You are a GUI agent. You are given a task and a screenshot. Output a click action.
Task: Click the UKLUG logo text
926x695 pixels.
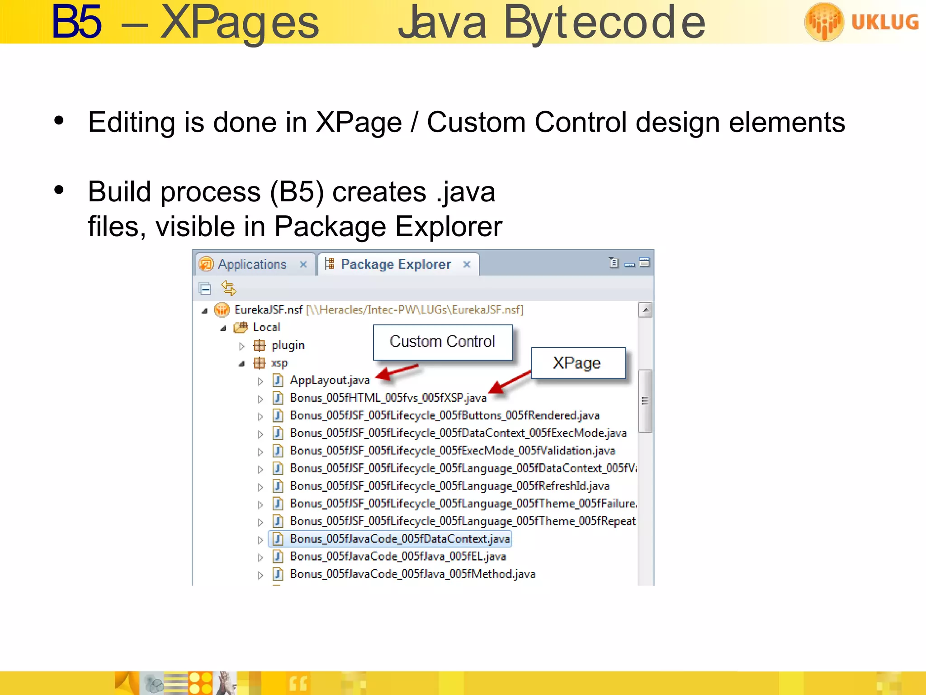coord(884,22)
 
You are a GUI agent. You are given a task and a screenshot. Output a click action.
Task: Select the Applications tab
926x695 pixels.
coord(252,264)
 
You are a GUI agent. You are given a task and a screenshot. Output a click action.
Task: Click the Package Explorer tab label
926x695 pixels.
coord(396,264)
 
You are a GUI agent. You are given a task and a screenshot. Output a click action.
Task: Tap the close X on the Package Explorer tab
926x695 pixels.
coord(467,264)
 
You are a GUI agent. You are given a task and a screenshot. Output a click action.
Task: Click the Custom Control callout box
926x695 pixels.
coord(443,342)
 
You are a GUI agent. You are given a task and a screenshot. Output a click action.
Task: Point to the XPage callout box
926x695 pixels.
coord(577,363)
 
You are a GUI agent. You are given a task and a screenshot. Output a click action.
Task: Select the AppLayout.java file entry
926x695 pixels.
coord(330,381)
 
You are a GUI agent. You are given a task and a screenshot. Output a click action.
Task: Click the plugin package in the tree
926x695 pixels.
coord(288,346)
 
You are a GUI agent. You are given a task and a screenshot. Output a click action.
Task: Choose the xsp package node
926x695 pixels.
coord(279,363)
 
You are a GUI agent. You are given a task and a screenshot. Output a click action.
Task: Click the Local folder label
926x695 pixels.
coord(266,327)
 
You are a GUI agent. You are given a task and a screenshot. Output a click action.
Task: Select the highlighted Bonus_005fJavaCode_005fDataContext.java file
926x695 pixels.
coord(400,539)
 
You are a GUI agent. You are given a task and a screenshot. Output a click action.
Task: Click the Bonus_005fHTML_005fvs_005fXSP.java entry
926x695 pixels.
coord(388,398)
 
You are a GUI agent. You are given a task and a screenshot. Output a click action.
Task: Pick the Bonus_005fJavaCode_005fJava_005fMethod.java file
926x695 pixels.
coord(412,574)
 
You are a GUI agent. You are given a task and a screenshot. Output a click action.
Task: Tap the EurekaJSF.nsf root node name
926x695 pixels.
coord(268,310)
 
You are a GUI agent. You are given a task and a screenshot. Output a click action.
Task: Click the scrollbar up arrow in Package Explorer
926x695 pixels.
coord(645,310)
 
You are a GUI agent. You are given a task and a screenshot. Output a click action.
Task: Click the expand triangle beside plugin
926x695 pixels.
coord(242,346)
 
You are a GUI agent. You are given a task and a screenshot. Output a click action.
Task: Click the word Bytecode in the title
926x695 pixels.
coord(604,23)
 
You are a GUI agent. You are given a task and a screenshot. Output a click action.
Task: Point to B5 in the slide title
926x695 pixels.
coord(76,23)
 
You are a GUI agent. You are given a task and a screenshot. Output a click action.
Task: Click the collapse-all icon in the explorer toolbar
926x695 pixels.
coord(205,288)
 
